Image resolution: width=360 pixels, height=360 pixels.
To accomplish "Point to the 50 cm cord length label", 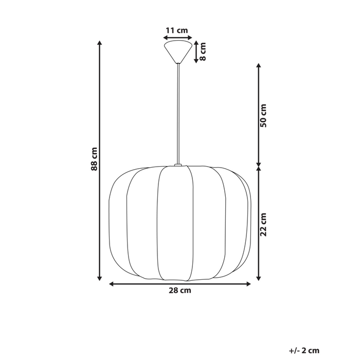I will [263, 116].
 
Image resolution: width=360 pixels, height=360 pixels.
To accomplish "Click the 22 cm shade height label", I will [263, 224].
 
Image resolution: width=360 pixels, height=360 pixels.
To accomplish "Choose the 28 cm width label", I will [179, 291].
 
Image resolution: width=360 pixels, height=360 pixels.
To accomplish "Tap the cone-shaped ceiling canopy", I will [178, 51].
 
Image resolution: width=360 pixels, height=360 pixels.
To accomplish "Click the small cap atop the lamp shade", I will [178, 165].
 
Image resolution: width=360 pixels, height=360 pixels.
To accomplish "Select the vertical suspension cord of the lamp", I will [178, 113].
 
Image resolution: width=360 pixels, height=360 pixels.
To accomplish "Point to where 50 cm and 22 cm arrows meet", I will [259, 166].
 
